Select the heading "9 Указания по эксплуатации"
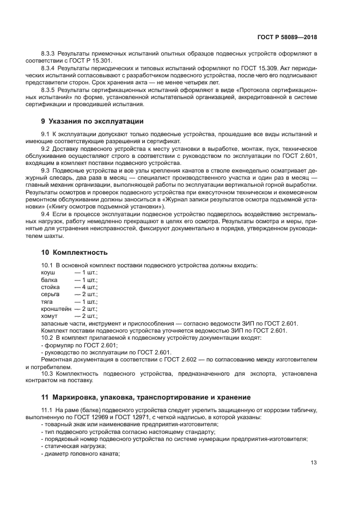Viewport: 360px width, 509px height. [x=93, y=121]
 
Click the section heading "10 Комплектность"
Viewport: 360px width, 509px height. [x=75, y=252]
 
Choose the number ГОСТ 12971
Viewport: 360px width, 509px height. [x=140, y=416]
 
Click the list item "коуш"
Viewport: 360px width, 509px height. [x=48, y=272]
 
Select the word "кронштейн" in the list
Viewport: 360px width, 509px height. [x=56, y=308]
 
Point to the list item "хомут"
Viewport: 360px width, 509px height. [x=50, y=316]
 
